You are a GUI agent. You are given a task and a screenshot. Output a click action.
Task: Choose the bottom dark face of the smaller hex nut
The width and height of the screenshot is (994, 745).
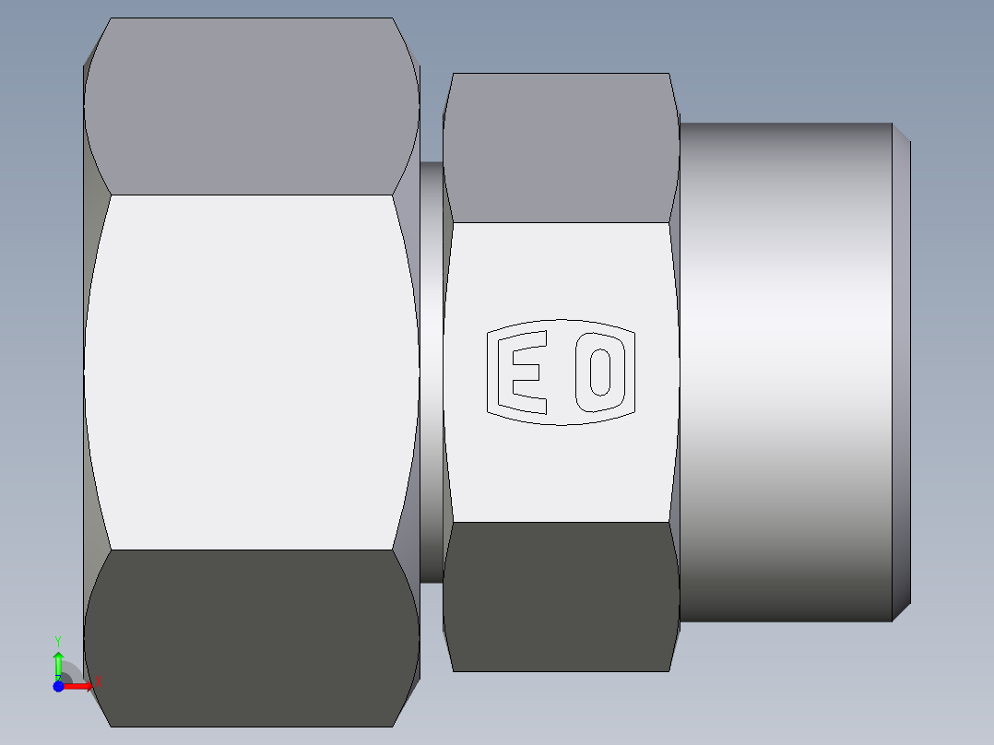click(x=559, y=596)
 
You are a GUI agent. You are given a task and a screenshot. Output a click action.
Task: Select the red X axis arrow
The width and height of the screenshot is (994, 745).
click(x=79, y=686)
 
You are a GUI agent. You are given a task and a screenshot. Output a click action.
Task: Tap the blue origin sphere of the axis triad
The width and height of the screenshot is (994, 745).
click(x=58, y=686)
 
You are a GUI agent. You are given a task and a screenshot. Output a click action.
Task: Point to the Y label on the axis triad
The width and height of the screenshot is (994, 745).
click(x=58, y=640)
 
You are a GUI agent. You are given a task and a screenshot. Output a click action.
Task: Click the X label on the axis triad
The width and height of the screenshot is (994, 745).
click(x=99, y=682)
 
